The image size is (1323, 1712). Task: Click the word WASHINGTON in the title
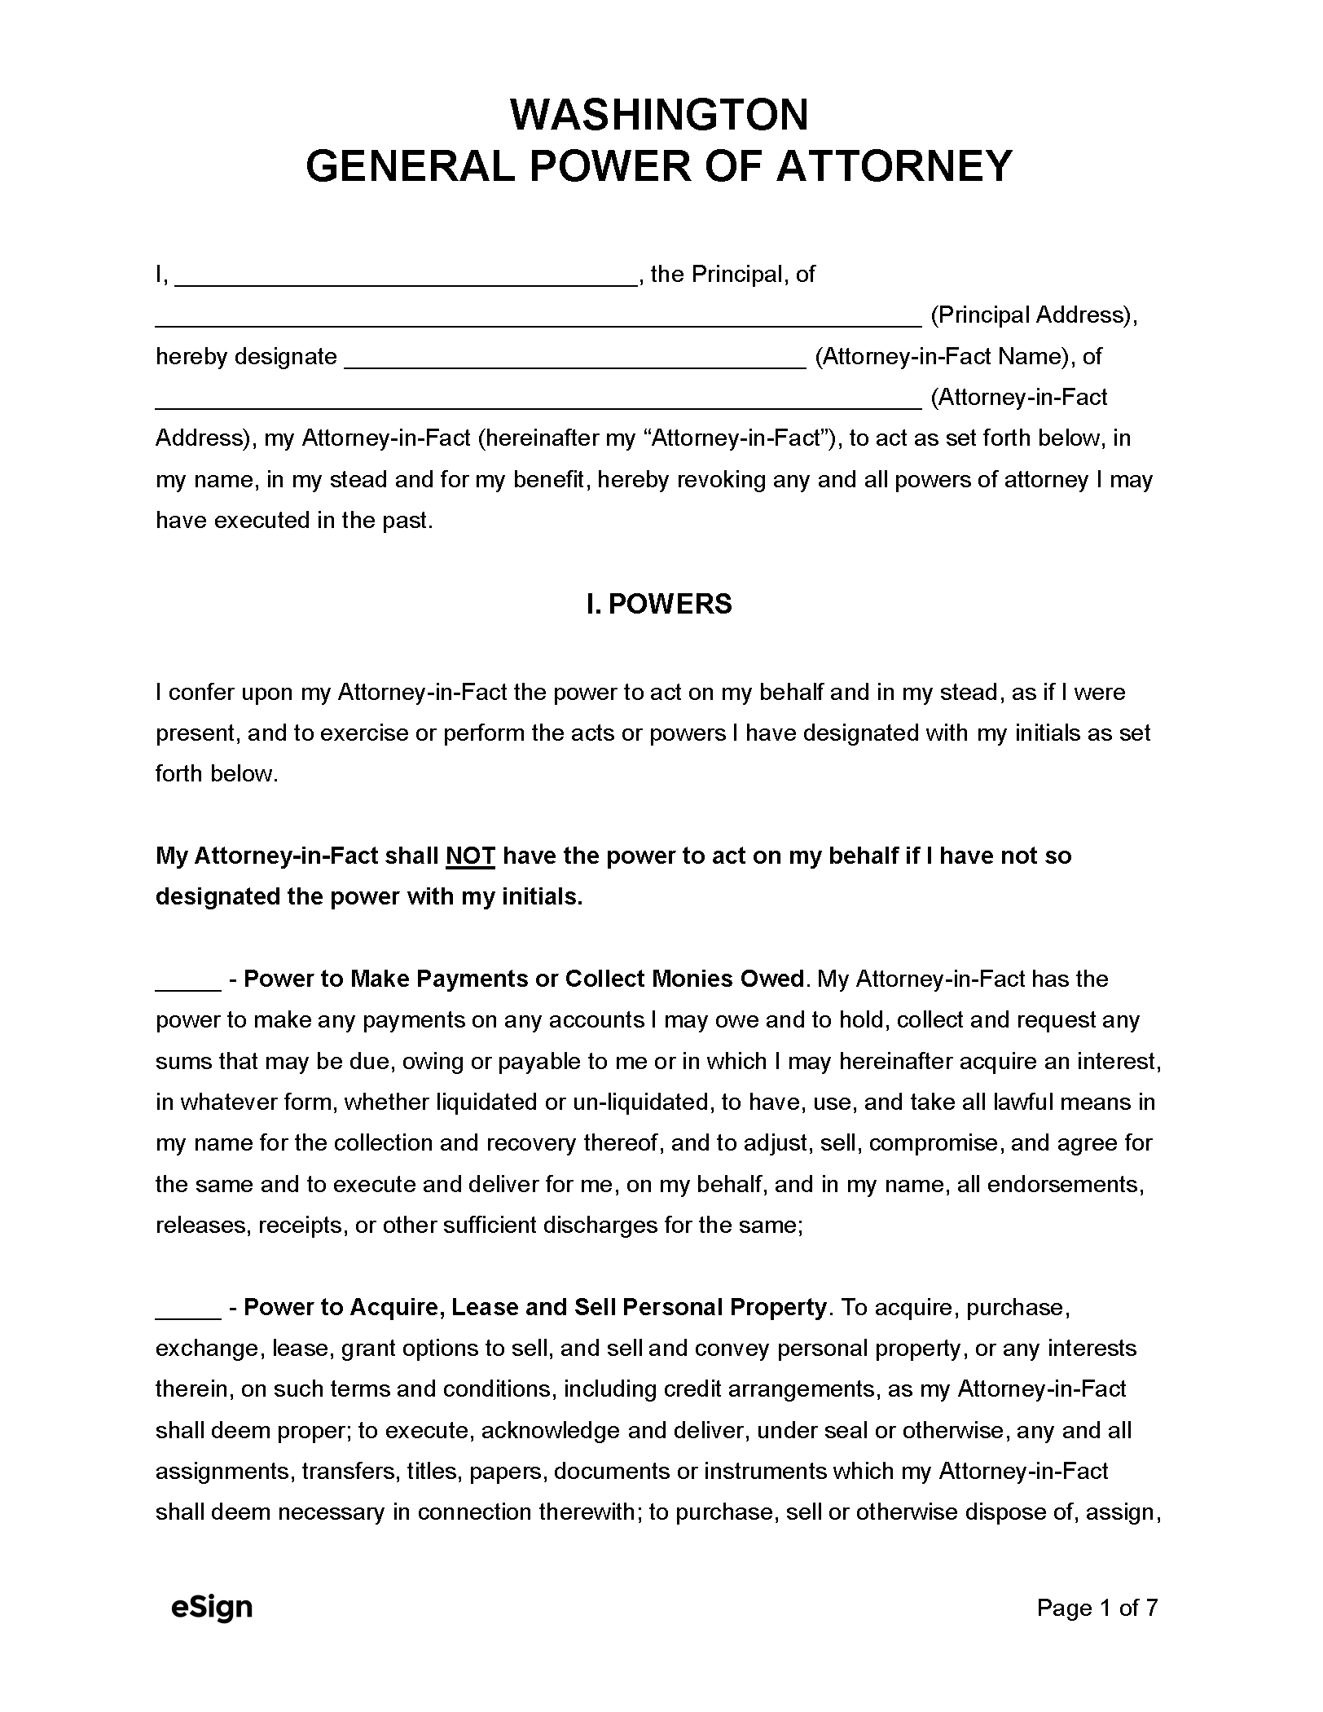coord(659,115)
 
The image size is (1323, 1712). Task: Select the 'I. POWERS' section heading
coord(659,604)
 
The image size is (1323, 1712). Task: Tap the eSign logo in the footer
coord(212,1608)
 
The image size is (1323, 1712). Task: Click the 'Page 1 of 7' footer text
coord(1097,1608)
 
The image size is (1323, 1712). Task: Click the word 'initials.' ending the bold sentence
coord(540,897)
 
